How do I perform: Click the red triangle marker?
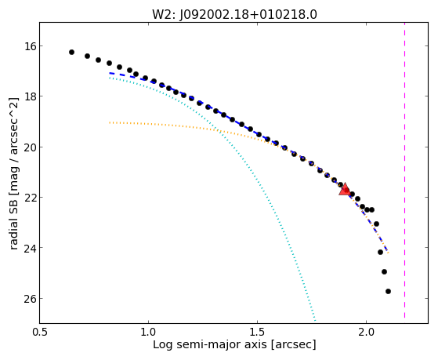(x=345, y=189)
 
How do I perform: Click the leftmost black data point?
(x=71, y=52)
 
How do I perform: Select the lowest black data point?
(x=388, y=291)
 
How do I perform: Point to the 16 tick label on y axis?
(x=28, y=45)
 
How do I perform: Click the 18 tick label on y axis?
(x=28, y=96)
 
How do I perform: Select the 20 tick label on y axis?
(x=28, y=147)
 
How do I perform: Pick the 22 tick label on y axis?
(x=28, y=197)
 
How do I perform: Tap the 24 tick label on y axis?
(x=28, y=248)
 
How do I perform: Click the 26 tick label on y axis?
(x=28, y=298)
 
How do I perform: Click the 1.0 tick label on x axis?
(x=148, y=332)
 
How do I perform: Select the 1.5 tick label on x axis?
(x=257, y=332)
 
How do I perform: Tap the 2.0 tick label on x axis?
(x=366, y=332)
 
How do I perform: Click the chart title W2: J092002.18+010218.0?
(x=234, y=15)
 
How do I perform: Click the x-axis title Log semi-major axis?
(x=210, y=344)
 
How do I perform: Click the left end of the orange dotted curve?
(x=110, y=122)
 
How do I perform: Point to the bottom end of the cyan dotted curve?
(x=315, y=320)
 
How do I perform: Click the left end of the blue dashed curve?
(x=110, y=73)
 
